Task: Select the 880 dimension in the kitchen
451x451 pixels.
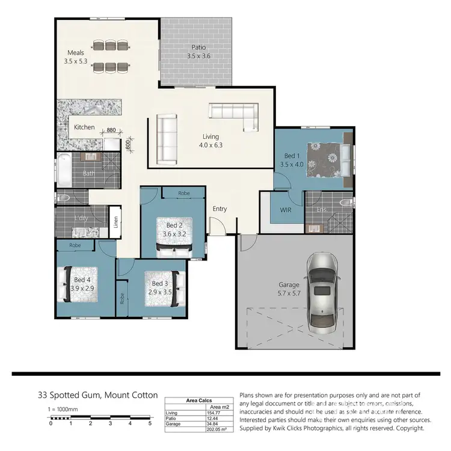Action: point(111,130)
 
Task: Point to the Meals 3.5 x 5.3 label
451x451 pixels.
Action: point(75,57)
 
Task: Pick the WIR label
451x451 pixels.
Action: point(286,210)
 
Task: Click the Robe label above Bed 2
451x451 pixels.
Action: point(185,194)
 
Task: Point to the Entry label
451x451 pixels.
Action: point(219,209)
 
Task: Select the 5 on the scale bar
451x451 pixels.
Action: point(150,423)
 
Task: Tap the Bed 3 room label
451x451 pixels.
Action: point(159,287)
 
